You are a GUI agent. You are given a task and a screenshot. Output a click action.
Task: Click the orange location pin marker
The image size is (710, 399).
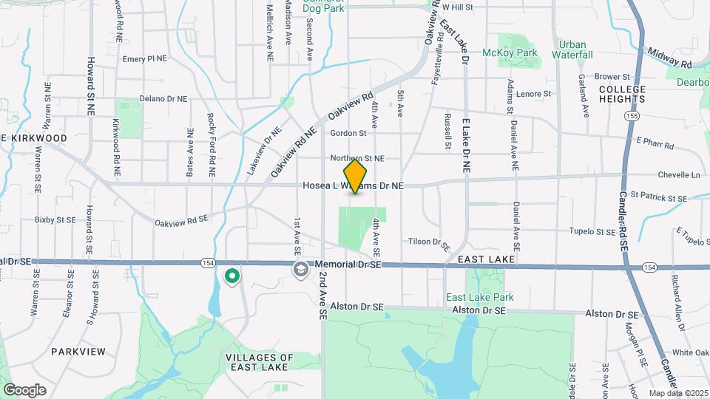(355, 177)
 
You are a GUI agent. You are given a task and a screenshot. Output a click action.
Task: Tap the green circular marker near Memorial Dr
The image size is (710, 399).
(232, 276)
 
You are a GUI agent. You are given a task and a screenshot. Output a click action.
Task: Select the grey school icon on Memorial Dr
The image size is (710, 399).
(300, 268)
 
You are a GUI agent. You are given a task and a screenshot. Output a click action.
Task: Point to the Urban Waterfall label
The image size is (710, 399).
(576, 50)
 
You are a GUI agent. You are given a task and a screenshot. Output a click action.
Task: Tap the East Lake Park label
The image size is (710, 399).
(479, 298)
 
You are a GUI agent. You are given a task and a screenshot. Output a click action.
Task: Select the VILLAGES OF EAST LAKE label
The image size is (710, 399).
(259, 362)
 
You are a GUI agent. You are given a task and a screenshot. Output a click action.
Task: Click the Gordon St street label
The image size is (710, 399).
(349, 134)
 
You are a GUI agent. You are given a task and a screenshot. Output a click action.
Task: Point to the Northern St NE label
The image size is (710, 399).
(357, 158)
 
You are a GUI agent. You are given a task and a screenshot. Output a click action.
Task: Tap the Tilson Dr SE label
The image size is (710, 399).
(429, 242)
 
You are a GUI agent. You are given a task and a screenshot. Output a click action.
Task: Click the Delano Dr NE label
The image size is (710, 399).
(163, 98)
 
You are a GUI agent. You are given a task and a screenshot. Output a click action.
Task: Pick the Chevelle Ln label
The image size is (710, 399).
(678, 175)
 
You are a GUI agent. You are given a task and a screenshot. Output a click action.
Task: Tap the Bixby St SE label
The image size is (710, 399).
(55, 220)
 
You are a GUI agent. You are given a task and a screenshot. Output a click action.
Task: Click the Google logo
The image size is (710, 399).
(25, 389)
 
